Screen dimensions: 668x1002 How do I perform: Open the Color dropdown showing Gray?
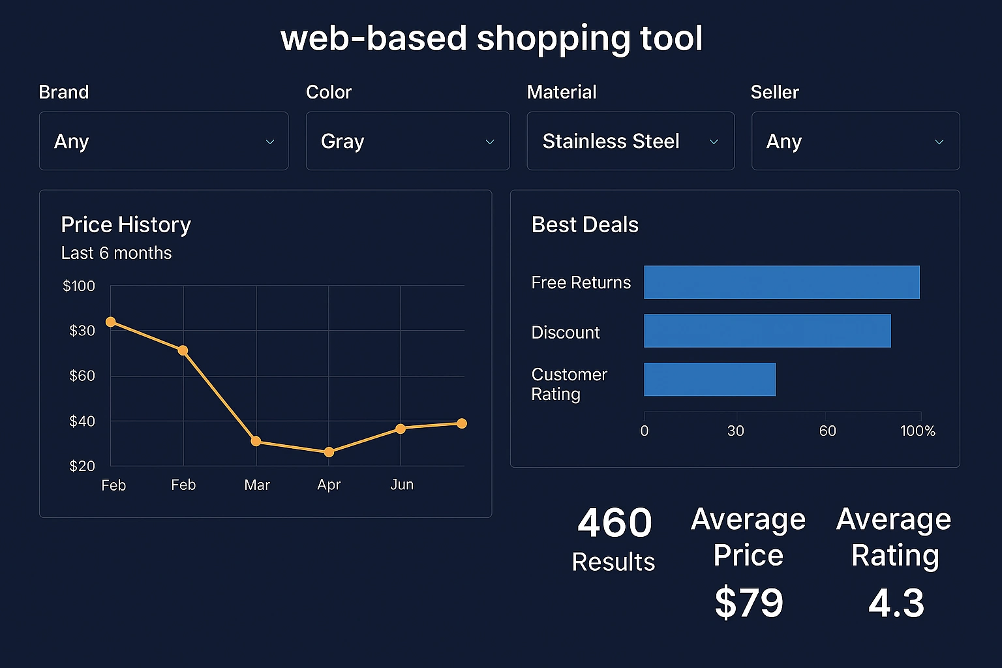407,141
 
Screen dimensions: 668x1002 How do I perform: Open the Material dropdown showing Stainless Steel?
630,141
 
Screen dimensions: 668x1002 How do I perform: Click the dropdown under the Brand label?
163,141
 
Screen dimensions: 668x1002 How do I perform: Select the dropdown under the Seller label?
855,141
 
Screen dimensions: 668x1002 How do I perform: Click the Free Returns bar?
782,282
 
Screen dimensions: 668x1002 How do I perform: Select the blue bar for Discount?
767,331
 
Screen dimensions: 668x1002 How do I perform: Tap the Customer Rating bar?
710,379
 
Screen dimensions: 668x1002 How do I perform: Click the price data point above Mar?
256,442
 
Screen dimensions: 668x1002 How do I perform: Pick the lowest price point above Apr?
329,452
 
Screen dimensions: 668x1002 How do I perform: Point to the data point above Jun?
401,429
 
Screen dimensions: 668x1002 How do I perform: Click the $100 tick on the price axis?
79,286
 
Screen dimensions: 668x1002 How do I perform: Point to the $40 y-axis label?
82,421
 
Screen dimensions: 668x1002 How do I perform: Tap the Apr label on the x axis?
329,485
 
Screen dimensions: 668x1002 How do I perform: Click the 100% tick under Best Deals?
917,431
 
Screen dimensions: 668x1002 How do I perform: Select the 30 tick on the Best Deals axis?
736,431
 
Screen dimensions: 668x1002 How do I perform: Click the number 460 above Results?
615,523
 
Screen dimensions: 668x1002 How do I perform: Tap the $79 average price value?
749,603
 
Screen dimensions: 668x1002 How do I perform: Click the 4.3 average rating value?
896,603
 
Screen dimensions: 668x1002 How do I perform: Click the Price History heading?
126,225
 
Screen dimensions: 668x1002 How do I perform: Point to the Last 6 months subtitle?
116,253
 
